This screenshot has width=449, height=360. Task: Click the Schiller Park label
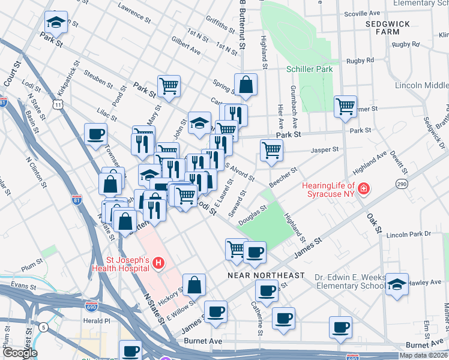(309, 69)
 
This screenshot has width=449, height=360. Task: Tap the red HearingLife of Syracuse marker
(363, 190)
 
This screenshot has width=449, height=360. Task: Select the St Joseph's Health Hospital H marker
(158, 262)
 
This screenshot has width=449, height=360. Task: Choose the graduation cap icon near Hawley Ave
(397, 284)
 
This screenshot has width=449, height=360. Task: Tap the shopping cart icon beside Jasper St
(272, 150)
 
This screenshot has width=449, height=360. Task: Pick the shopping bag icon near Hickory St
(194, 285)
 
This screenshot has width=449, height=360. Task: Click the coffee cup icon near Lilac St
(95, 134)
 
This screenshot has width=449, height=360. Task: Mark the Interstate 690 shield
(92, 307)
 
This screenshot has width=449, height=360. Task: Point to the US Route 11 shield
(58, 104)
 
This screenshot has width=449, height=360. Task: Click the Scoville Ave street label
(363, 13)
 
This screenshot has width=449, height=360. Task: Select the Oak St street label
(373, 223)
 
